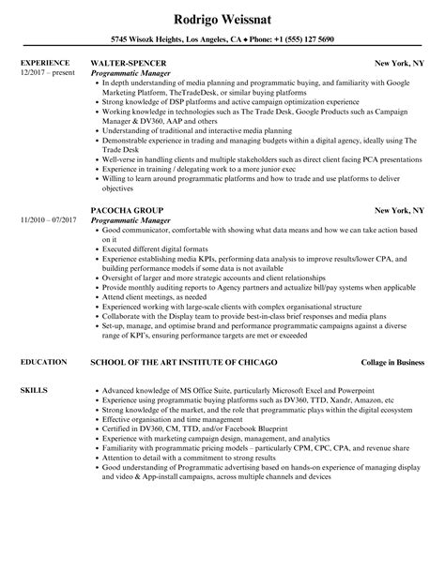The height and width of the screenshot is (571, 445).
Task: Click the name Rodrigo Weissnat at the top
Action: click(x=222, y=19)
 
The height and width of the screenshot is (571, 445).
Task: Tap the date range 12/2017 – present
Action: click(x=46, y=72)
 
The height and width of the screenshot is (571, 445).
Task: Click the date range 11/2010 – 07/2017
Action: click(x=48, y=245)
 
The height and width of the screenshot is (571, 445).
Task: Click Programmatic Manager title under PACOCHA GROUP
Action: click(x=131, y=245)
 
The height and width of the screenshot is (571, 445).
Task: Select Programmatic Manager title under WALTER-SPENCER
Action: click(x=131, y=72)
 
